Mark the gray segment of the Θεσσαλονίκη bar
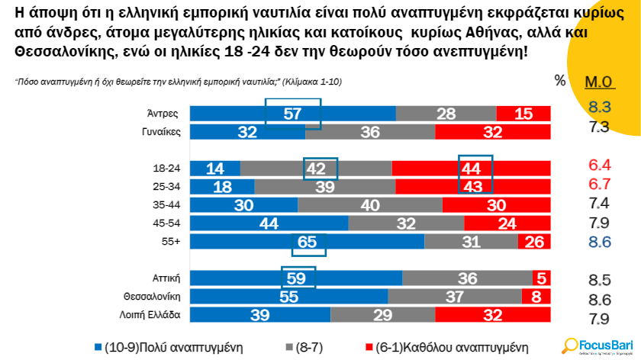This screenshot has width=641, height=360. click(x=455, y=297)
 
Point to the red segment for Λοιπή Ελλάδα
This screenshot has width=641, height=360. click(x=492, y=314)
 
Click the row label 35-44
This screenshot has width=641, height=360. click(x=166, y=205)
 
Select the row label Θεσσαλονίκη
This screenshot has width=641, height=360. click(x=151, y=297)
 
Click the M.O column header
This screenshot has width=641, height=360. click(x=599, y=82)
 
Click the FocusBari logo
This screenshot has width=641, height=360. click(x=595, y=345)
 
